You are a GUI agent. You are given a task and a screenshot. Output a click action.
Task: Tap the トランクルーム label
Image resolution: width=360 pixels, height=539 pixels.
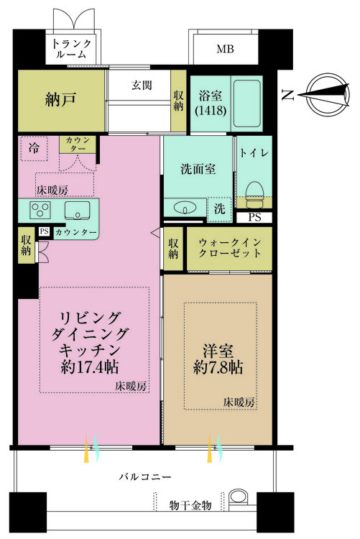[x=71, y=48]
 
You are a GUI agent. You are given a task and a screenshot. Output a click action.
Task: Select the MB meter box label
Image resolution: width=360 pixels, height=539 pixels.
[x=225, y=49]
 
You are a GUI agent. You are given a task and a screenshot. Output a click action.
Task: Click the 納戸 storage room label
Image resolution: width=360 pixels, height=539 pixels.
[x=60, y=100]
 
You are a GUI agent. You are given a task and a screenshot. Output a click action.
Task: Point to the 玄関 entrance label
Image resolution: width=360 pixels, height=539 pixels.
[x=142, y=85]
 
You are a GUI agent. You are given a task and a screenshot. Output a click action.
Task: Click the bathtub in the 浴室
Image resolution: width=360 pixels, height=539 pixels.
[x=246, y=103]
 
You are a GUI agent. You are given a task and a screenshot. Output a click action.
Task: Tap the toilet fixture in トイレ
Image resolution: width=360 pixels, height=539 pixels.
[x=255, y=194]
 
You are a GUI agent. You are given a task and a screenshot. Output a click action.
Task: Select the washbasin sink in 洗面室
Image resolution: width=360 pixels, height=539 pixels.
[x=185, y=208]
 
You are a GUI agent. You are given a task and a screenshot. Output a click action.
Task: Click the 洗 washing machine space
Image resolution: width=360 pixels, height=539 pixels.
[x=219, y=209]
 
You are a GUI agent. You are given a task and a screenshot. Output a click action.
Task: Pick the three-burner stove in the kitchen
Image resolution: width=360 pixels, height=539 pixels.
[x=40, y=209]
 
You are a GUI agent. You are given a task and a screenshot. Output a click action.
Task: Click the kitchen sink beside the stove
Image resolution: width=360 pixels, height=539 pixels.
[x=77, y=211]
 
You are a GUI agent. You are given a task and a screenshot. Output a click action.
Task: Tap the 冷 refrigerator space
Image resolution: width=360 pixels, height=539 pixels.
[x=34, y=149]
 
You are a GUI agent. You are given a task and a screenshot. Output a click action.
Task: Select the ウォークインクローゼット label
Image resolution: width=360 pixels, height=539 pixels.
[x=230, y=248]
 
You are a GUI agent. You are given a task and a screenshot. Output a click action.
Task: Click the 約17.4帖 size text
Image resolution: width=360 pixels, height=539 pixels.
[x=90, y=367]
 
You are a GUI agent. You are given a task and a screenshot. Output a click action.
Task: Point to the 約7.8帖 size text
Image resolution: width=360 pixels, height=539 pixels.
[x=218, y=367]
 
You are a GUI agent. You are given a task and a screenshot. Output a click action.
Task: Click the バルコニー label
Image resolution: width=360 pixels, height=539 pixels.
[x=145, y=476]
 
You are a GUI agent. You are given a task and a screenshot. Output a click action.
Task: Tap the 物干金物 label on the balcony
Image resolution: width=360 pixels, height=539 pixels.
[x=190, y=505]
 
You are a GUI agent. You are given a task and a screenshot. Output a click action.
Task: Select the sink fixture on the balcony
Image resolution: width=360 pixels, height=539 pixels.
[x=238, y=497]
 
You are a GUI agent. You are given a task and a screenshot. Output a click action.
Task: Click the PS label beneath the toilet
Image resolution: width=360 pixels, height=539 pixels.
[x=255, y=217]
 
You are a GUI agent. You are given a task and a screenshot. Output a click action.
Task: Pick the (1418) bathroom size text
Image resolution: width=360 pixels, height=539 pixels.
[x=211, y=111]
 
